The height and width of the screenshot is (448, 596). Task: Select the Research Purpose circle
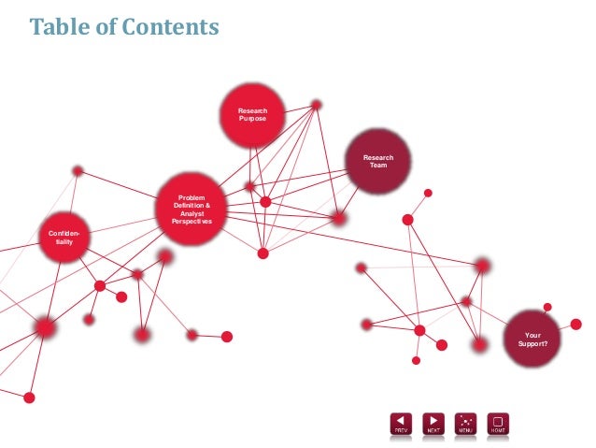pyautogui.click(x=252, y=115)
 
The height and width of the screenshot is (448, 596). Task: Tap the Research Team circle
pyautogui.click(x=377, y=162)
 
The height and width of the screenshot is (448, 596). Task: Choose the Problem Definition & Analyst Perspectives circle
pyautogui.click(x=192, y=208)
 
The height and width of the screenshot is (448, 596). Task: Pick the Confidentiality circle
pyautogui.click(x=64, y=237)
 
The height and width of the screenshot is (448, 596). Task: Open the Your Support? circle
pyautogui.click(x=532, y=340)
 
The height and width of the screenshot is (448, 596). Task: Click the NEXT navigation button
pyautogui.click(x=433, y=424)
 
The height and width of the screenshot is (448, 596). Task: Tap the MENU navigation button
pyautogui.click(x=465, y=424)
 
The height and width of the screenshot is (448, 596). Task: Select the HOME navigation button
pyautogui.click(x=498, y=424)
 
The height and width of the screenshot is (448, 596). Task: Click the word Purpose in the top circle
pyautogui.click(x=252, y=120)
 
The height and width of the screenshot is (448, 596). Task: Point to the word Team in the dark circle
pyautogui.click(x=377, y=166)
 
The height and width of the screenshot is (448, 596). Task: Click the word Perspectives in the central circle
pyautogui.click(x=192, y=222)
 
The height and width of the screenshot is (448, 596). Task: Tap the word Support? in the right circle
pyautogui.click(x=532, y=344)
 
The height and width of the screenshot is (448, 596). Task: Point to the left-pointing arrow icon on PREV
pyautogui.click(x=401, y=420)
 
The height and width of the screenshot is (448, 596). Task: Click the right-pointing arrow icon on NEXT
pyautogui.click(x=433, y=420)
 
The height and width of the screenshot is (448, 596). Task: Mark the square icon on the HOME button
pyautogui.click(x=498, y=420)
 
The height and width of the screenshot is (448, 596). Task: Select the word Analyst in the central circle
pyautogui.click(x=192, y=213)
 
